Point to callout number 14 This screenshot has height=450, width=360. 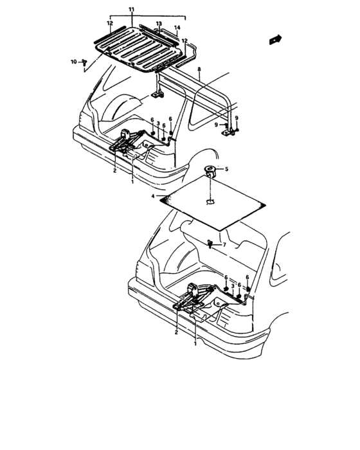tap(177, 28)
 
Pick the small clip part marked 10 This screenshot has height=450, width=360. tap(84, 62)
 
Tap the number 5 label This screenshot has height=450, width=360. tap(226, 170)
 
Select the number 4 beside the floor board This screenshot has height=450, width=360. tap(153, 195)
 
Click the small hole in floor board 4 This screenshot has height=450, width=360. tap(211, 203)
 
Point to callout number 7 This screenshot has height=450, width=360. tap(224, 246)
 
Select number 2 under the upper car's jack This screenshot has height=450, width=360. tap(114, 171)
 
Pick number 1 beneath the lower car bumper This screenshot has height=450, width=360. tap(195, 345)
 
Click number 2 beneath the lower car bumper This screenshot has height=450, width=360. tap(176, 332)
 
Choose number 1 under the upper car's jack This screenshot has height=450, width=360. tap(132, 181)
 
